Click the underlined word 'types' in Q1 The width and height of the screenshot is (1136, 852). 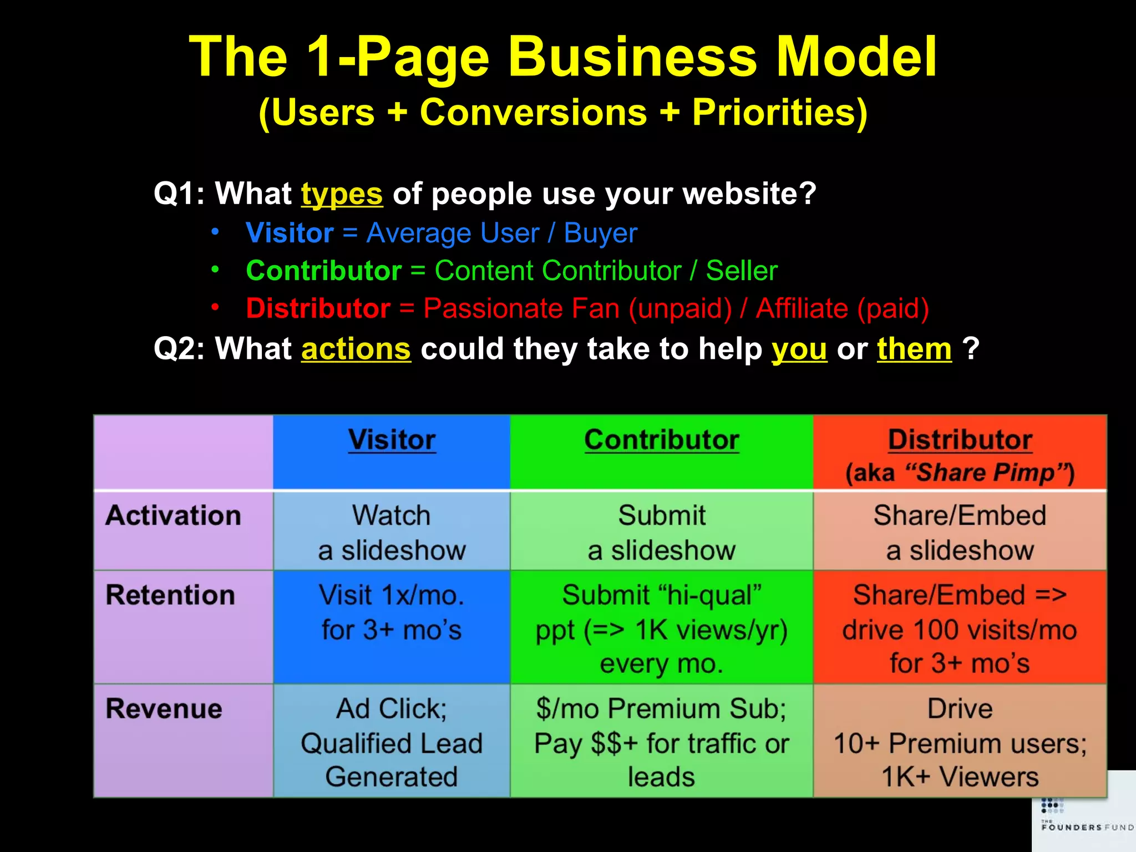tap(342, 194)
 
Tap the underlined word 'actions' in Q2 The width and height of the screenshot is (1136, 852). tap(356, 349)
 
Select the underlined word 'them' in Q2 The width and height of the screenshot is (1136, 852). tap(914, 349)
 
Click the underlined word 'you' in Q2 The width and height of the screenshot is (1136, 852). tap(799, 349)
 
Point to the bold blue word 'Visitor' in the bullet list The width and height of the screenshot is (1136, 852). tap(290, 233)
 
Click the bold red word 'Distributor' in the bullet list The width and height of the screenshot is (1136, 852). tap(318, 308)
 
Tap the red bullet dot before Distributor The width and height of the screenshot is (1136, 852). tap(215, 307)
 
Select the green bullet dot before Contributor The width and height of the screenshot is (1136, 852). tap(215, 270)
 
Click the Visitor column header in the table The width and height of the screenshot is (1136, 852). tap(392, 440)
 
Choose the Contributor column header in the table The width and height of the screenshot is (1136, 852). tap(661, 440)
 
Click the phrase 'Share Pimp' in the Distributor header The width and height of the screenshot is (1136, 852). tap(985, 473)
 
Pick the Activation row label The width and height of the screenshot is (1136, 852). tap(173, 515)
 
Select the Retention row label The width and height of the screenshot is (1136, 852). tap(170, 595)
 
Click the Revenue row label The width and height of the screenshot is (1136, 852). tap(164, 709)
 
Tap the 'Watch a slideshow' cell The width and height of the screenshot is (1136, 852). tap(392, 532)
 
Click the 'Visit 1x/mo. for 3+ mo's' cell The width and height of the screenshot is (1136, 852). tap(392, 612)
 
